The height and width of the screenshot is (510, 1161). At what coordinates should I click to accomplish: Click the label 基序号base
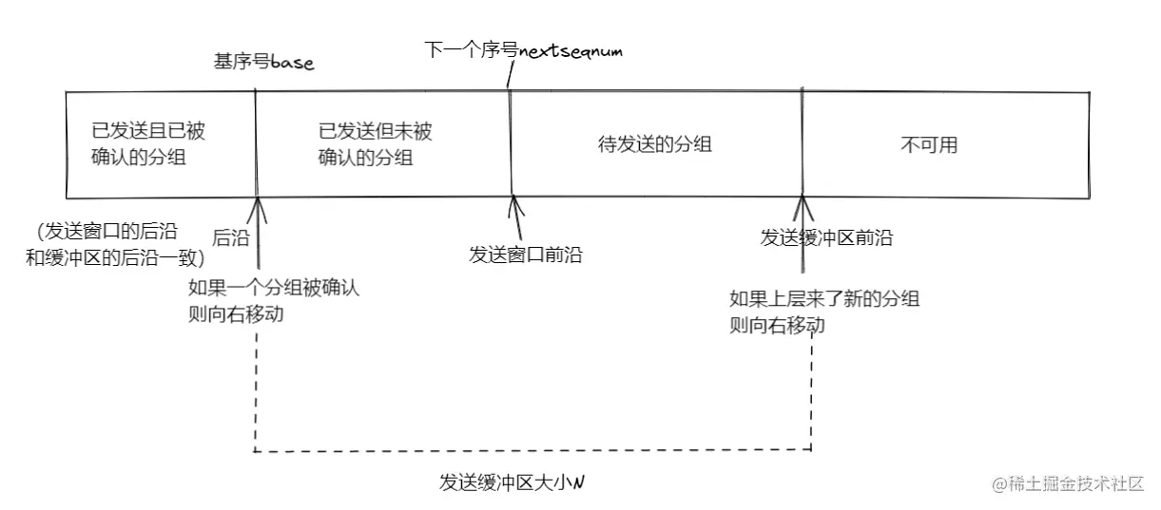click(x=263, y=63)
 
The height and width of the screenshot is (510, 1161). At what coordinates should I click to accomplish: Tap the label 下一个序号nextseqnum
click(x=523, y=50)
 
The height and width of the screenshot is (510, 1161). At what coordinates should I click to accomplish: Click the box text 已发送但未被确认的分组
click(x=375, y=144)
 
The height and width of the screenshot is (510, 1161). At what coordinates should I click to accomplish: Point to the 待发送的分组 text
click(x=655, y=145)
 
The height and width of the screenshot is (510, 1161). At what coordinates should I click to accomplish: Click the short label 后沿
click(x=230, y=238)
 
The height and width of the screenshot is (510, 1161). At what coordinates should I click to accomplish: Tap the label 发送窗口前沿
click(x=525, y=255)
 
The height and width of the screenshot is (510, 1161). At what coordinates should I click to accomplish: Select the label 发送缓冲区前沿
click(x=826, y=237)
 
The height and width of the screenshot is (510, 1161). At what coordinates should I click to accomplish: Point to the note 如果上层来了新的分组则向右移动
click(x=823, y=312)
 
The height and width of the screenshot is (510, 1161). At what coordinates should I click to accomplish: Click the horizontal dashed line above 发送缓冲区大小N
click(x=532, y=449)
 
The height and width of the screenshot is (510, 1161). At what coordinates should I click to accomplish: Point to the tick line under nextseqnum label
click(x=509, y=76)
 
